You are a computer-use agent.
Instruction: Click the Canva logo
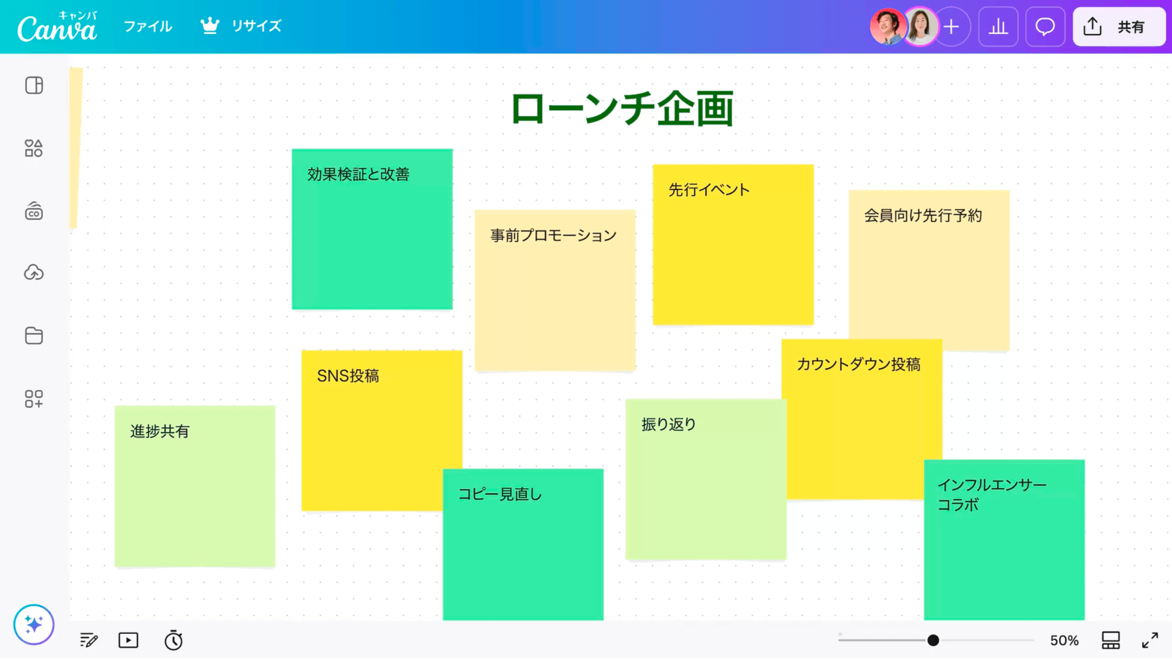[57, 27]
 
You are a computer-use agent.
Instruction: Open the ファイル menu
[148, 26]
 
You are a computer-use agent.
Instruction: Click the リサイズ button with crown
[241, 26]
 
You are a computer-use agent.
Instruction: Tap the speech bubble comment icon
[1045, 27]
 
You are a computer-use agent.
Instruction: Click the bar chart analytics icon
[998, 27]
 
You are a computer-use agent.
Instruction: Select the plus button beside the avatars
[951, 27]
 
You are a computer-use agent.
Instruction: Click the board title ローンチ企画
[622, 108]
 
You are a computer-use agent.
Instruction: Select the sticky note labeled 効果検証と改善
[372, 229]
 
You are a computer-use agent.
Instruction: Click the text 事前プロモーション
[554, 236]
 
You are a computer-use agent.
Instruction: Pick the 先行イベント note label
[709, 190]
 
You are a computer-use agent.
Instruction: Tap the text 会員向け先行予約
[923, 216]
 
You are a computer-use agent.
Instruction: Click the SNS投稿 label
[348, 376]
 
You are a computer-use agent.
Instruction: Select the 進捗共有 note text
[160, 432]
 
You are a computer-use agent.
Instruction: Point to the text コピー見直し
[500, 494]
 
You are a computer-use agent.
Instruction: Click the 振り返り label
[669, 425]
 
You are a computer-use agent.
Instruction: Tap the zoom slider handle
[933, 640]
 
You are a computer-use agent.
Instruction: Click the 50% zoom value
[1065, 640]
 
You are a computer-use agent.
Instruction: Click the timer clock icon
[173, 640]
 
